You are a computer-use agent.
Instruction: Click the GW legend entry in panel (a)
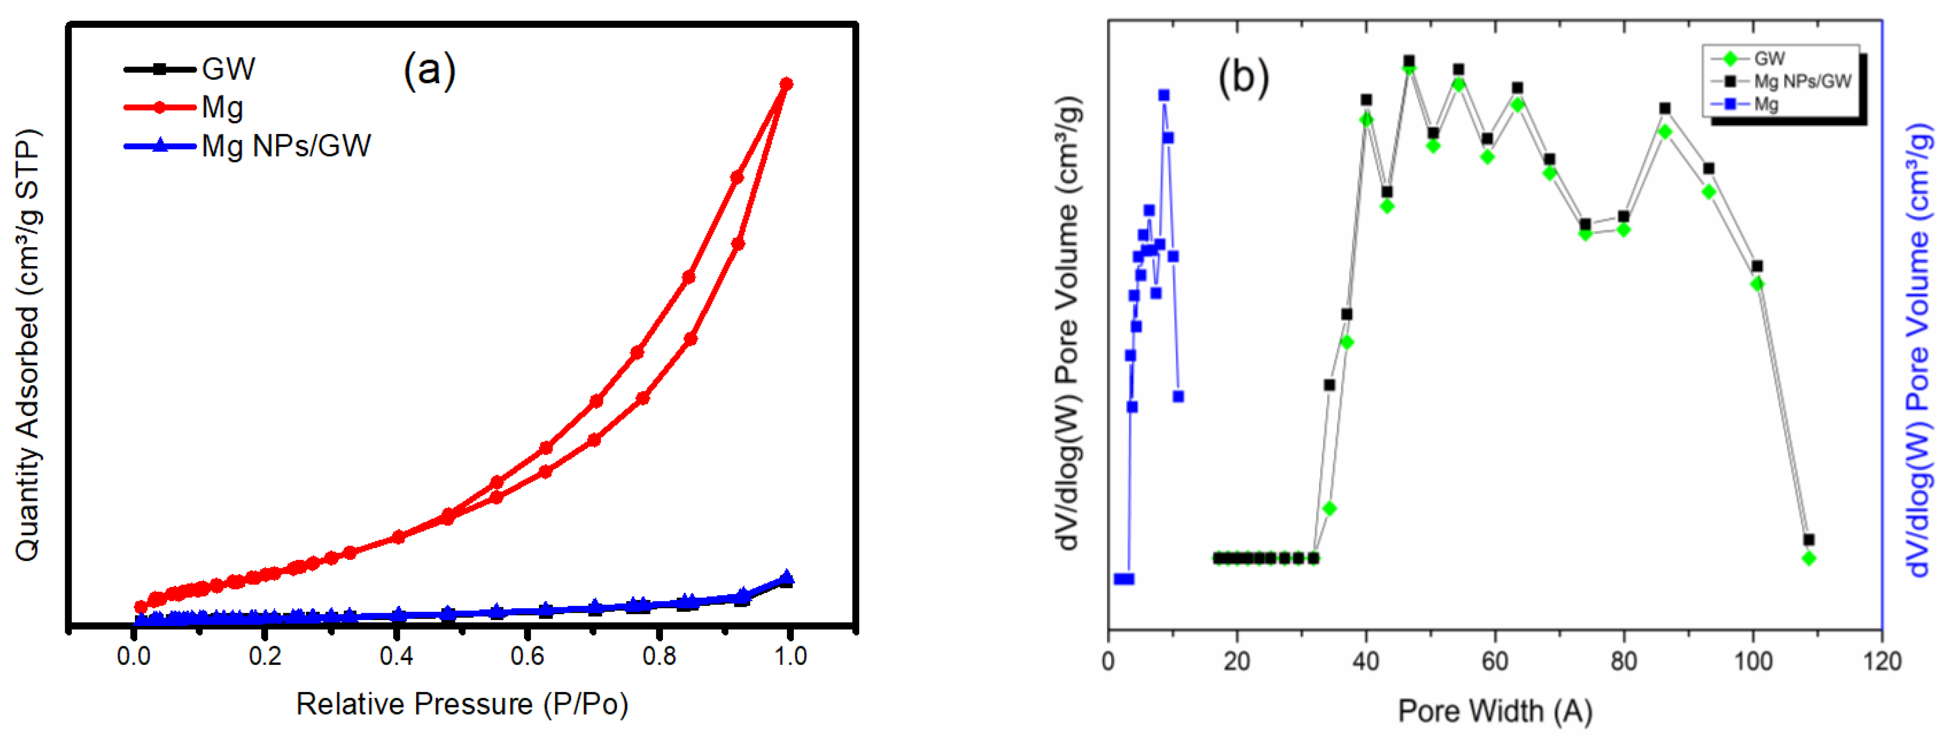(x=228, y=69)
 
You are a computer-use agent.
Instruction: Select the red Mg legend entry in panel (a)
(x=221, y=108)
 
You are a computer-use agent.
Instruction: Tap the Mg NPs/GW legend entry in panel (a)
(x=285, y=145)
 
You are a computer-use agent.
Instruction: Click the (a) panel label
(x=429, y=71)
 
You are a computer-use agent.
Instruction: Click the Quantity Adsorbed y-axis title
(x=28, y=345)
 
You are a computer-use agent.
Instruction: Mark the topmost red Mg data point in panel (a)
(x=787, y=83)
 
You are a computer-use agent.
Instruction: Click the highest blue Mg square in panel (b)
(x=1163, y=95)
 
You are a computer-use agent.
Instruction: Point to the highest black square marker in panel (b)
(x=1409, y=61)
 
